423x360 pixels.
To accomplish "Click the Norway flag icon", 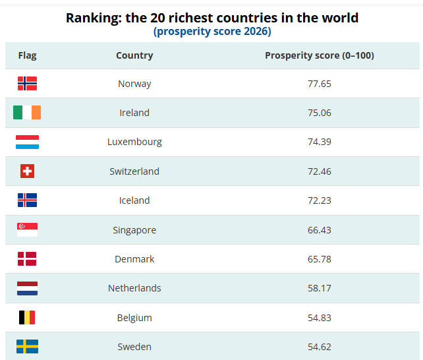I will (27, 83).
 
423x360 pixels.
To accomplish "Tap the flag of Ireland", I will (27, 113).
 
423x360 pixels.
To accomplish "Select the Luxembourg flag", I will (27, 142).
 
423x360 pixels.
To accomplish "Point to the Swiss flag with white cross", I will (27, 171).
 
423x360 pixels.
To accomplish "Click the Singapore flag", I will (27, 229).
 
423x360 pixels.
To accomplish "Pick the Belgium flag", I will (27, 318).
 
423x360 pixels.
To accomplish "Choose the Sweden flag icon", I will (27, 347).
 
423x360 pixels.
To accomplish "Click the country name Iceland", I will (134, 200).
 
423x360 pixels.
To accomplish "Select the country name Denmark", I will (134, 259).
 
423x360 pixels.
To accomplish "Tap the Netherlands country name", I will (134, 288).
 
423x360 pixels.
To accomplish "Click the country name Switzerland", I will (134, 171).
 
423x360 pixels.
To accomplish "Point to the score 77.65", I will (319, 84).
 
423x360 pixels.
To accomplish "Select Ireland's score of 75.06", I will (319, 113).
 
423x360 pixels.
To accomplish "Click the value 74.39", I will (319, 142).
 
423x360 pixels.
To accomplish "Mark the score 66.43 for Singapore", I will (319, 229).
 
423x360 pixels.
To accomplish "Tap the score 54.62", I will (319, 347).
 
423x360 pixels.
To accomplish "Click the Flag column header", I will (27, 55).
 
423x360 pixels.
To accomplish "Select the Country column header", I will (134, 55).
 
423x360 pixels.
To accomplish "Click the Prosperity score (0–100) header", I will (319, 55).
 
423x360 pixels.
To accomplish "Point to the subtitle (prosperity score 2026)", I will (212, 31).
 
